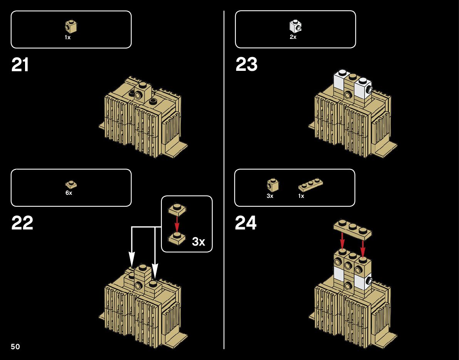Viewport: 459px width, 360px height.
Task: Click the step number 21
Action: pos(20,65)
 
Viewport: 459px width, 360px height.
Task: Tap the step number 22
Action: pos(22,223)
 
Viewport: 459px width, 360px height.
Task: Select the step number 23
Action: pos(246,65)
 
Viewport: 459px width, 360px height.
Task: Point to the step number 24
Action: pos(245,223)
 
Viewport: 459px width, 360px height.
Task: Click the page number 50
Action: pos(15,347)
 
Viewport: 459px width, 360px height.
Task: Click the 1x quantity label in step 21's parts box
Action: pos(68,38)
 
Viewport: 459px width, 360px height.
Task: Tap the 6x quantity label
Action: pos(69,193)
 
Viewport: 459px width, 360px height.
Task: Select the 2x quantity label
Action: pos(293,37)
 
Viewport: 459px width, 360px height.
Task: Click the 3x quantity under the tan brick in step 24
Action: pos(270,196)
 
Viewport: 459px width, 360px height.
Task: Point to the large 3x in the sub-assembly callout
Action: pos(198,242)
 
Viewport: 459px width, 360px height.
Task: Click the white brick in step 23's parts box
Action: pos(295,26)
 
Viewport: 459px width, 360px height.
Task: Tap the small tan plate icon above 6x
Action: pos(71,184)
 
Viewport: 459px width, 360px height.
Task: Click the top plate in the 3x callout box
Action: pos(177,209)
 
